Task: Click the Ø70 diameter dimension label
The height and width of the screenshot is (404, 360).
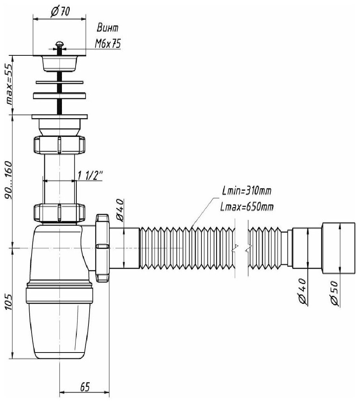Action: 60,11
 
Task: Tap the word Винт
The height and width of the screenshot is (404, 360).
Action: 107,28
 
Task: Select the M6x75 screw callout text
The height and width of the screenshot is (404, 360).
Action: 107,43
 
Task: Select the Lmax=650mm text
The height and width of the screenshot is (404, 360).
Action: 246,207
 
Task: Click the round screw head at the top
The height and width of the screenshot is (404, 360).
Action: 59,44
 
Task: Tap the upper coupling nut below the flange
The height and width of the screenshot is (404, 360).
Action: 59,145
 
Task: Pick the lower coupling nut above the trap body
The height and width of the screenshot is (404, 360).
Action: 59,213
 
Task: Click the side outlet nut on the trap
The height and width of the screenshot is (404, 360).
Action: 102,247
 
